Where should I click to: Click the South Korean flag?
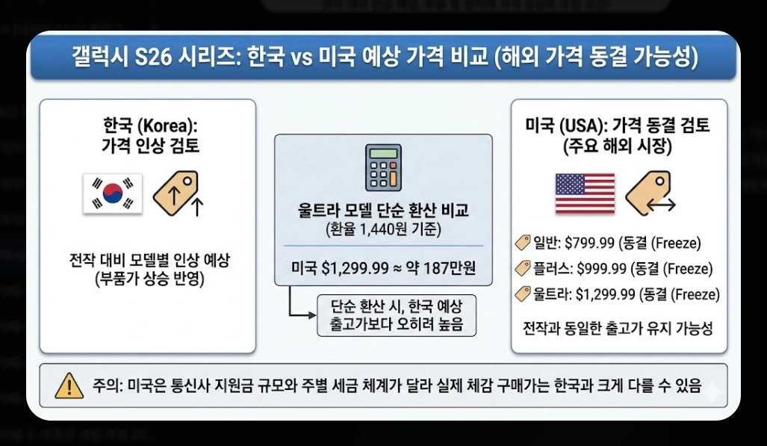tap(113, 193)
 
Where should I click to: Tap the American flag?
tap(585, 193)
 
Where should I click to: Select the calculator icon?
tap(382, 170)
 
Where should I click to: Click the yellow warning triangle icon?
tap(69, 385)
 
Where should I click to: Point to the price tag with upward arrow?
tap(177, 193)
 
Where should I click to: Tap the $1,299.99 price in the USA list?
tap(607, 294)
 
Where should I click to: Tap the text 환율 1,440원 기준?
tap(383, 229)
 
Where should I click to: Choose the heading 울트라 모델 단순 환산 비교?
tap(383, 211)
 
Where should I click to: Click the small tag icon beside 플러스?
tap(523, 269)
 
